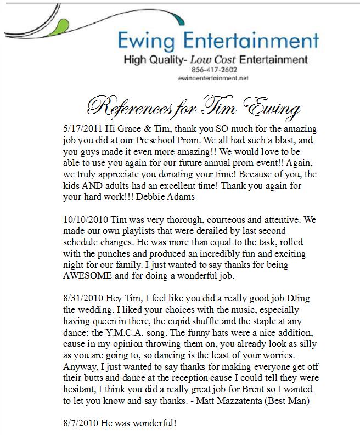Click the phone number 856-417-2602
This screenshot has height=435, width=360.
tap(213, 70)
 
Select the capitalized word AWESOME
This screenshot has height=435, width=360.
tap(95, 276)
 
